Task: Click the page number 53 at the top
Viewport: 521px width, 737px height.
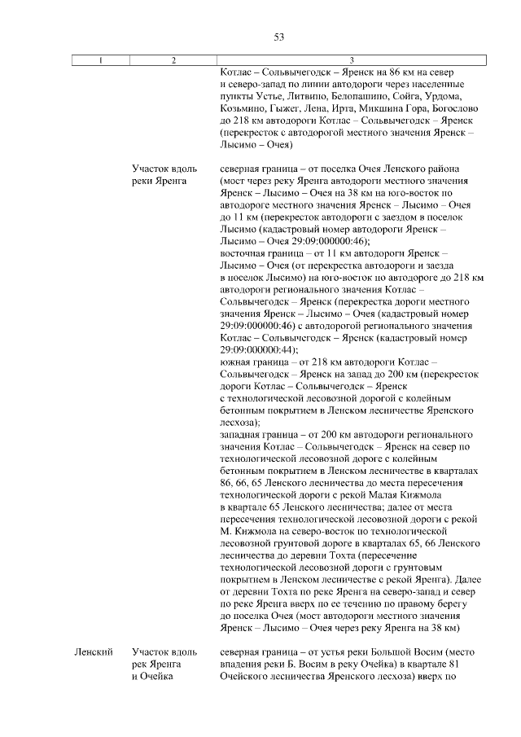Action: [278, 37]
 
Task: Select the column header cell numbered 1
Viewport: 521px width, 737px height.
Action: [100, 60]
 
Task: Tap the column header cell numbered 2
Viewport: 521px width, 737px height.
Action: [173, 60]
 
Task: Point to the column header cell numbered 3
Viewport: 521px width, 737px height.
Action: [351, 60]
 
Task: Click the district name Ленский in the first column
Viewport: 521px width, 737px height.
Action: [92, 652]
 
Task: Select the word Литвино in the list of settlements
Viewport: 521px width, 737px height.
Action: [303, 95]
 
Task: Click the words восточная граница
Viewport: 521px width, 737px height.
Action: [262, 254]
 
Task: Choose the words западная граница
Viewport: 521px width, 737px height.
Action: [260, 435]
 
